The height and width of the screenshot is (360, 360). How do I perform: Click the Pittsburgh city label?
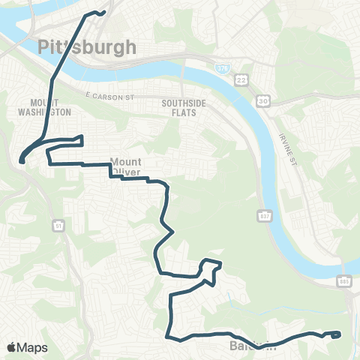pyautogui.click(x=87, y=47)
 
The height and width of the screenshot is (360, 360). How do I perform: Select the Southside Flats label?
pyautogui.click(x=178, y=106)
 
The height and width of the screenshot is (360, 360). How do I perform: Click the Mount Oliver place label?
pyautogui.click(x=126, y=166)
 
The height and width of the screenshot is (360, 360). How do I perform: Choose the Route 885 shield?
pyautogui.click(x=343, y=280)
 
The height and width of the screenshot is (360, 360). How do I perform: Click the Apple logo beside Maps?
pyautogui.click(x=11, y=347)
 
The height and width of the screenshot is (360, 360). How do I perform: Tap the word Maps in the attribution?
pyautogui.click(x=32, y=347)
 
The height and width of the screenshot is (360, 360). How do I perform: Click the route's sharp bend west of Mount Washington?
pyautogui.click(x=22, y=158)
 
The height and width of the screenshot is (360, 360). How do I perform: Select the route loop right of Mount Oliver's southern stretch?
pyautogui.click(x=211, y=268)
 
